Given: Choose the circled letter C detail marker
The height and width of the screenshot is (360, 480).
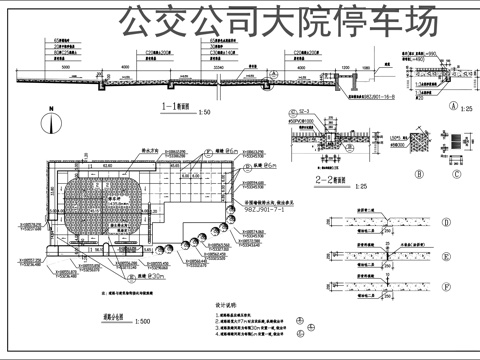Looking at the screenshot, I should pos(452,171).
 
